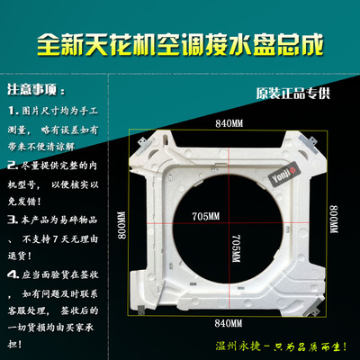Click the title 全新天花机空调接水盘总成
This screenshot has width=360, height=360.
pyautogui.click(x=180, y=41)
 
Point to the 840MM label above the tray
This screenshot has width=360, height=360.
pyautogui.click(x=229, y=122)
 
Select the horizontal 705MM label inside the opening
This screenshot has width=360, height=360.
pyautogui.click(x=205, y=217)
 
